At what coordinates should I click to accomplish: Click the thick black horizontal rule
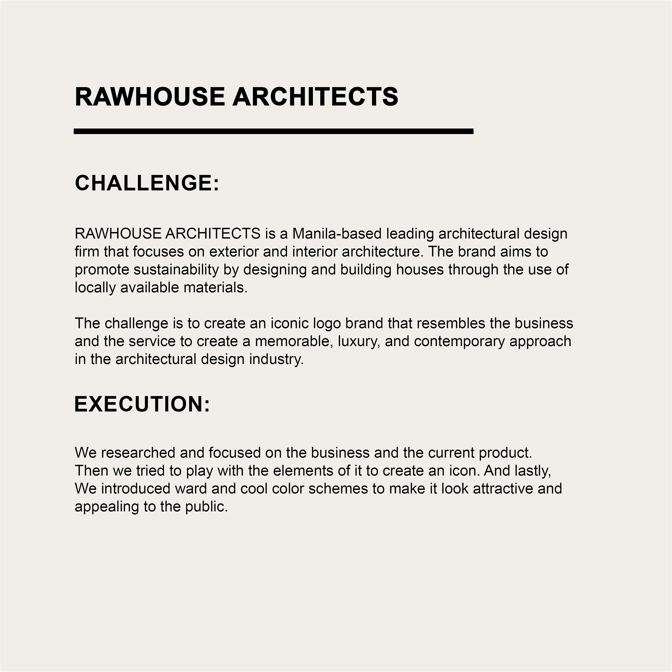coord(273,131)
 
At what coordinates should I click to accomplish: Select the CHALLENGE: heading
coord(147,183)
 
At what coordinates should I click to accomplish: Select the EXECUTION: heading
coord(142,404)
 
